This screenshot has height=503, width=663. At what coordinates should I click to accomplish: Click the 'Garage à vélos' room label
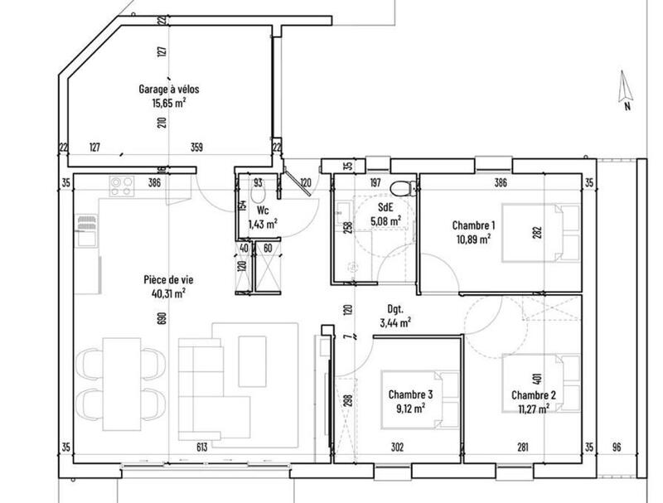coord(168,89)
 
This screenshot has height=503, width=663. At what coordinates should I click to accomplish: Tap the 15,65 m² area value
coord(168,104)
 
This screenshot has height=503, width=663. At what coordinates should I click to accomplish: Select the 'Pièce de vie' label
coord(163,279)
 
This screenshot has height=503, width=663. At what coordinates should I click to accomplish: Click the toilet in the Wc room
coord(258,194)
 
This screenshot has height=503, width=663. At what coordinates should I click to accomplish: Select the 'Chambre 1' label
coord(473,225)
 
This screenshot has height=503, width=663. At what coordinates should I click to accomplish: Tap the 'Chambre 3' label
coord(409,394)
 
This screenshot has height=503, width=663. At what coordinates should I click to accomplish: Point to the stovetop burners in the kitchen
coord(122,186)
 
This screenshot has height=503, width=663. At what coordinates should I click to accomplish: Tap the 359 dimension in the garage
coord(196,148)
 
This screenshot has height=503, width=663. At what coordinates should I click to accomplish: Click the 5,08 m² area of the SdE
coord(386,221)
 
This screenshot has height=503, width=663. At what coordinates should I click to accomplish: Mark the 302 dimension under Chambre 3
coord(397,447)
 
